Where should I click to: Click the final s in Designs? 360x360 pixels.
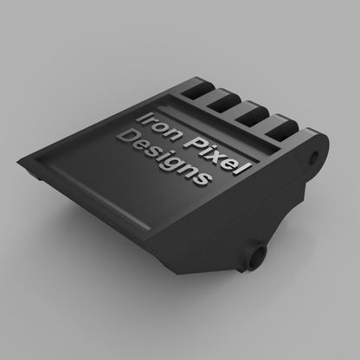coord(202,180)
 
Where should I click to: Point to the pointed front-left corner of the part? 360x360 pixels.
coord(19,162)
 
